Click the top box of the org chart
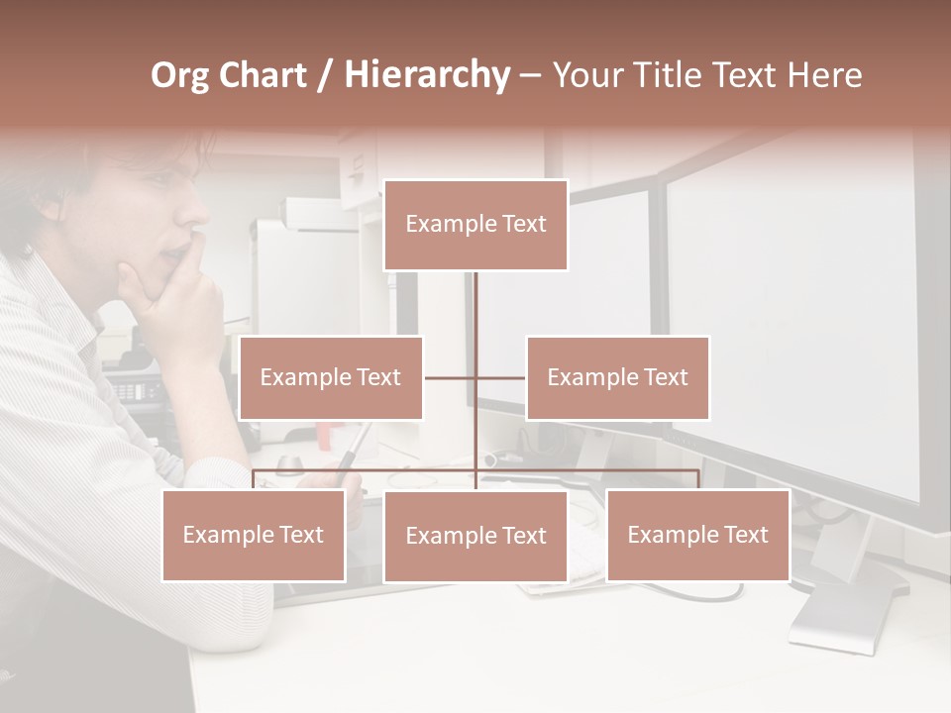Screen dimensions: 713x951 pyautogui.click(x=475, y=225)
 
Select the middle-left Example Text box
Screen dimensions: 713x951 pyautogui.click(x=331, y=377)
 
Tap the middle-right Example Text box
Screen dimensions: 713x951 pyautogui.click(x=617, y=377)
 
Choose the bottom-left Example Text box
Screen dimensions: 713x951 pyautogui.click(x=254, y=535)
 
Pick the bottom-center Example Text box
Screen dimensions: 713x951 pyautogui.click(x=475, y=536)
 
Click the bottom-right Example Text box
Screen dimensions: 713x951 pyautogui.click(x=697, y=535)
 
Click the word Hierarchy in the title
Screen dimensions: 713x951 pyautogui.click(x=427, y=75)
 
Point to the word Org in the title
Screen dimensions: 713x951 pyautogui.click(x=180, y=75)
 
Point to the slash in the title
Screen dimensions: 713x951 pyautogui.click(x=326, y=75)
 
